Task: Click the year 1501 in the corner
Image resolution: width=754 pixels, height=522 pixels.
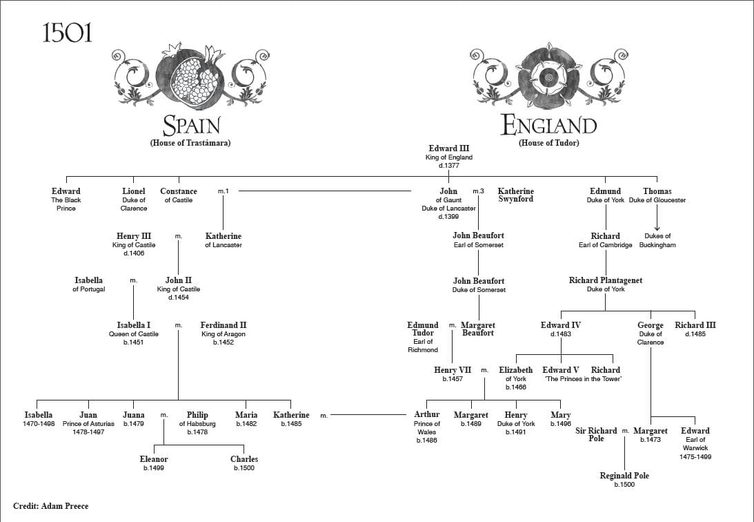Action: point(67,33)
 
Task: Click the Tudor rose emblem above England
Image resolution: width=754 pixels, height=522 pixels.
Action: point(548,75)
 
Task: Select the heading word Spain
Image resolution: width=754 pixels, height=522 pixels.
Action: point(190,126)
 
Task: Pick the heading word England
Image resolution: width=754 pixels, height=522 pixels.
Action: point(548,126)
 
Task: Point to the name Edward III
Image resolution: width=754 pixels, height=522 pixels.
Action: point(448,148)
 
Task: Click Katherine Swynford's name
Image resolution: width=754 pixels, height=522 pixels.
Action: point(515,195)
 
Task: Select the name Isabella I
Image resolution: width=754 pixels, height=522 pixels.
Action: point(134,325)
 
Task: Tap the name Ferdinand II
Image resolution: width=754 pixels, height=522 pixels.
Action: point(224,325)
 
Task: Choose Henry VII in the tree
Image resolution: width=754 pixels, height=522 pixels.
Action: point(453,370)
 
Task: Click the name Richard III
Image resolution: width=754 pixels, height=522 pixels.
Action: point(690,325)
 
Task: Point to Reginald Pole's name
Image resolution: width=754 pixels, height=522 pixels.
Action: point(624,476)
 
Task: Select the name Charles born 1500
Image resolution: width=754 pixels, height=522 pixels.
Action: point(244,459)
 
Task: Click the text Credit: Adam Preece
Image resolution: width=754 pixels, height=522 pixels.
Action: point(51,506)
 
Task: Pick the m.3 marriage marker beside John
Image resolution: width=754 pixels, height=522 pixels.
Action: point(478,191)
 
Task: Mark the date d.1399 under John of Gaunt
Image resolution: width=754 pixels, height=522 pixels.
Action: point(448,217)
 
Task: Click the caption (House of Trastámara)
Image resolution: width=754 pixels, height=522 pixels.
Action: point(190,143)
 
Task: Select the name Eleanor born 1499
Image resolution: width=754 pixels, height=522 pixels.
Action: point(154,459)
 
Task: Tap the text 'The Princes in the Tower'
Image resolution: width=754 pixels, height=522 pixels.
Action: point(582,379)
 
